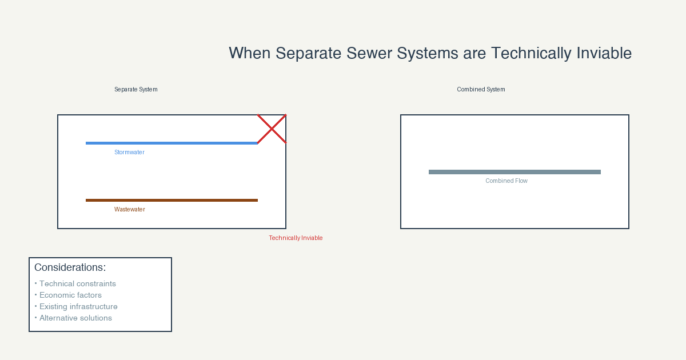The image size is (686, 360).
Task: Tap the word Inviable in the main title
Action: [x=604, y=53]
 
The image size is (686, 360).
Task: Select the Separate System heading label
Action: [x=136, y=89]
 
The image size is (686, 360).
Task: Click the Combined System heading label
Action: [x=481, y=89]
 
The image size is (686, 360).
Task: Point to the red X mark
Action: [x=272, y=129]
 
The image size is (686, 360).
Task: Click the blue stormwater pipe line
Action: [x=172, y=143]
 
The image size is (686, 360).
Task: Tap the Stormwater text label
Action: [x=129, y=152]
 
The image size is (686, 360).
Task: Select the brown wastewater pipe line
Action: [x=172, y=200]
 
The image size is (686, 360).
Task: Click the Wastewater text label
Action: [x=130, y=209]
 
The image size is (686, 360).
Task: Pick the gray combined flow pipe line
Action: [x=514, y=172]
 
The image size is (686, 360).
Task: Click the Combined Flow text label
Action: [x=506, y=181]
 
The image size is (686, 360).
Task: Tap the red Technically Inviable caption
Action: [x=296, y=238]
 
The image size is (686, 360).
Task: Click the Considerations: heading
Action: [x=70, y=267]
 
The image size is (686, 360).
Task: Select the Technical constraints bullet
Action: [x=75, y=284]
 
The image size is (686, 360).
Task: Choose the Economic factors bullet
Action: [x=68, y=295]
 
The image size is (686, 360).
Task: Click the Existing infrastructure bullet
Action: [x=76, y=306]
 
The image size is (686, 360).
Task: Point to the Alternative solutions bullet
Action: [x=73, y=318]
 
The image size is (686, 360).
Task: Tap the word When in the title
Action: [x=250, y=53]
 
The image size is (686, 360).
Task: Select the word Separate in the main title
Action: [x=308, y=53]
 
